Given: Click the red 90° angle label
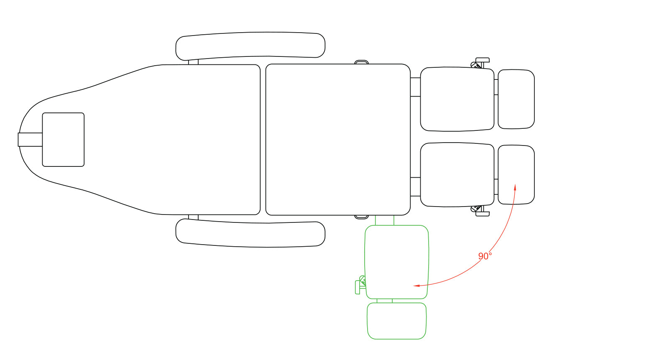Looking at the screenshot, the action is (x=485, y=256).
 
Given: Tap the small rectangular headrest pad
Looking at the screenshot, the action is (x=63, y=140).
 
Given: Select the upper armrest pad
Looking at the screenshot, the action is (x=250, y=46).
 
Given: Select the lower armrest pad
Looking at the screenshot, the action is (x=250, y=233).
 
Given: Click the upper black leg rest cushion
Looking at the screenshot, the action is (x=457, y=99).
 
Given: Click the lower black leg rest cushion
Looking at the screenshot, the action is (x=457, y=175).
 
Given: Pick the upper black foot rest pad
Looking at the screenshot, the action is (x=516, y=99).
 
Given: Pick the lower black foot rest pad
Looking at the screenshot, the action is (x=516, y=175).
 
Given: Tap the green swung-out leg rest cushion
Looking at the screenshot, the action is (x=397, y=262).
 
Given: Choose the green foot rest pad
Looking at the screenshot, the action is (x=397, y=321).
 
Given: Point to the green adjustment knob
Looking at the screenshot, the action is (x=360, y=285).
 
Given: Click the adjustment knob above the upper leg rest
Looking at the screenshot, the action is (x=480, y=63).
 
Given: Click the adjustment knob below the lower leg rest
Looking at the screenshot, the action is (x=480, y=211).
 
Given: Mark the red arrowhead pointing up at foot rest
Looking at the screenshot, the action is (x=515, y=187).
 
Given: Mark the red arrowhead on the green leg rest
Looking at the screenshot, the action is (x=416, y=286).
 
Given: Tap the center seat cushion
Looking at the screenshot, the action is (x=338, y=140).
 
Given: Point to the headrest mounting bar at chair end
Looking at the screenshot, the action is (x=30, y=140).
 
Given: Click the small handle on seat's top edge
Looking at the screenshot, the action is (x=362, y=62).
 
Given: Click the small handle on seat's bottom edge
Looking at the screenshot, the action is (x=362, y=217).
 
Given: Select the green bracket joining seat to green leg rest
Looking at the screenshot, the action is (x=384, y=220).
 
